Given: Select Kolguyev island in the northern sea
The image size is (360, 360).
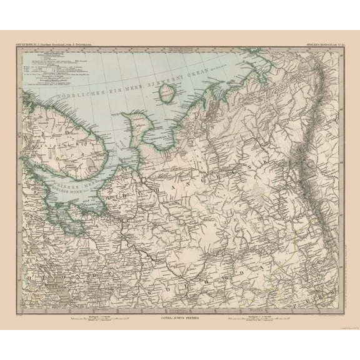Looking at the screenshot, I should (x=166, y=95).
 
